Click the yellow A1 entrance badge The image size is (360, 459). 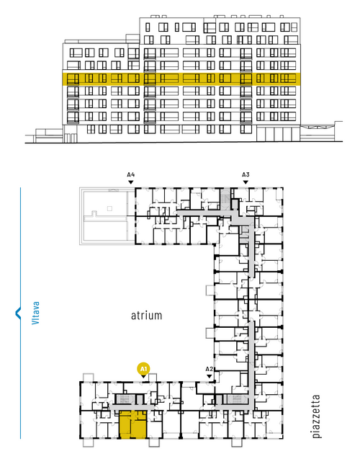tap(143, 369)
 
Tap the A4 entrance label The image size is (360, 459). tap(131, 175)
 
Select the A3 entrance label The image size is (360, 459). tap(246, 175)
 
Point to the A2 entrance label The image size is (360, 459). tap(210, 369)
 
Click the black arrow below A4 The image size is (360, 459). tap(131, 182)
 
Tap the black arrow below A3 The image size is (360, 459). tap(246, 182)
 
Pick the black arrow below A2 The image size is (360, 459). tap(210, 376)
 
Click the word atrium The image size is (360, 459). tap(146, 316)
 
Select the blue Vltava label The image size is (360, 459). tap(35, 313)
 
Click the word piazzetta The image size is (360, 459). tap(316, 416)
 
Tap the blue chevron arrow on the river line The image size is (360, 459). tap(18, 313)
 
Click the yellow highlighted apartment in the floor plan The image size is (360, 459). tap(132, 424)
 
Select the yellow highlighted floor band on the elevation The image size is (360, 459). tap(181, 79)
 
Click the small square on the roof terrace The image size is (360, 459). tap(109, 208)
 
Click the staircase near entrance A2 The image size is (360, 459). tap(236, 399)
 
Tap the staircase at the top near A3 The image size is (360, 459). tap(225, 198)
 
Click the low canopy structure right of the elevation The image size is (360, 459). tap(321, 133)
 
